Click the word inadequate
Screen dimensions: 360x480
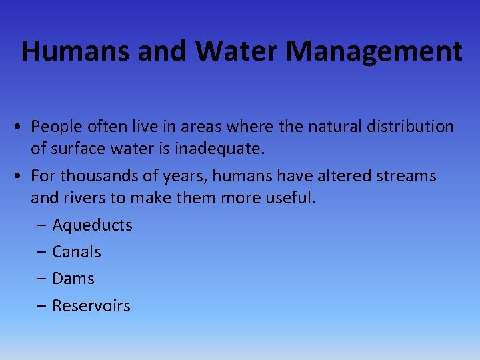click(219, 149)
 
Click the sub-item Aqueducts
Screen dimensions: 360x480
click(92, 225)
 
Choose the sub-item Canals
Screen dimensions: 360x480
click(77, 252)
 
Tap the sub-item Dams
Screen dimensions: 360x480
click(73, 279)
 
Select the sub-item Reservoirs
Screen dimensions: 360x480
click(91, 306)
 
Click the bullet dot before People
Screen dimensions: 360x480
click(22, 127)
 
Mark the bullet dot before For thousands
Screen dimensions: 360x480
click(22, 177)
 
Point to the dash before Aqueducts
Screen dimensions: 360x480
click(41, 226)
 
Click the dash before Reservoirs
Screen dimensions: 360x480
click(41, 307)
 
